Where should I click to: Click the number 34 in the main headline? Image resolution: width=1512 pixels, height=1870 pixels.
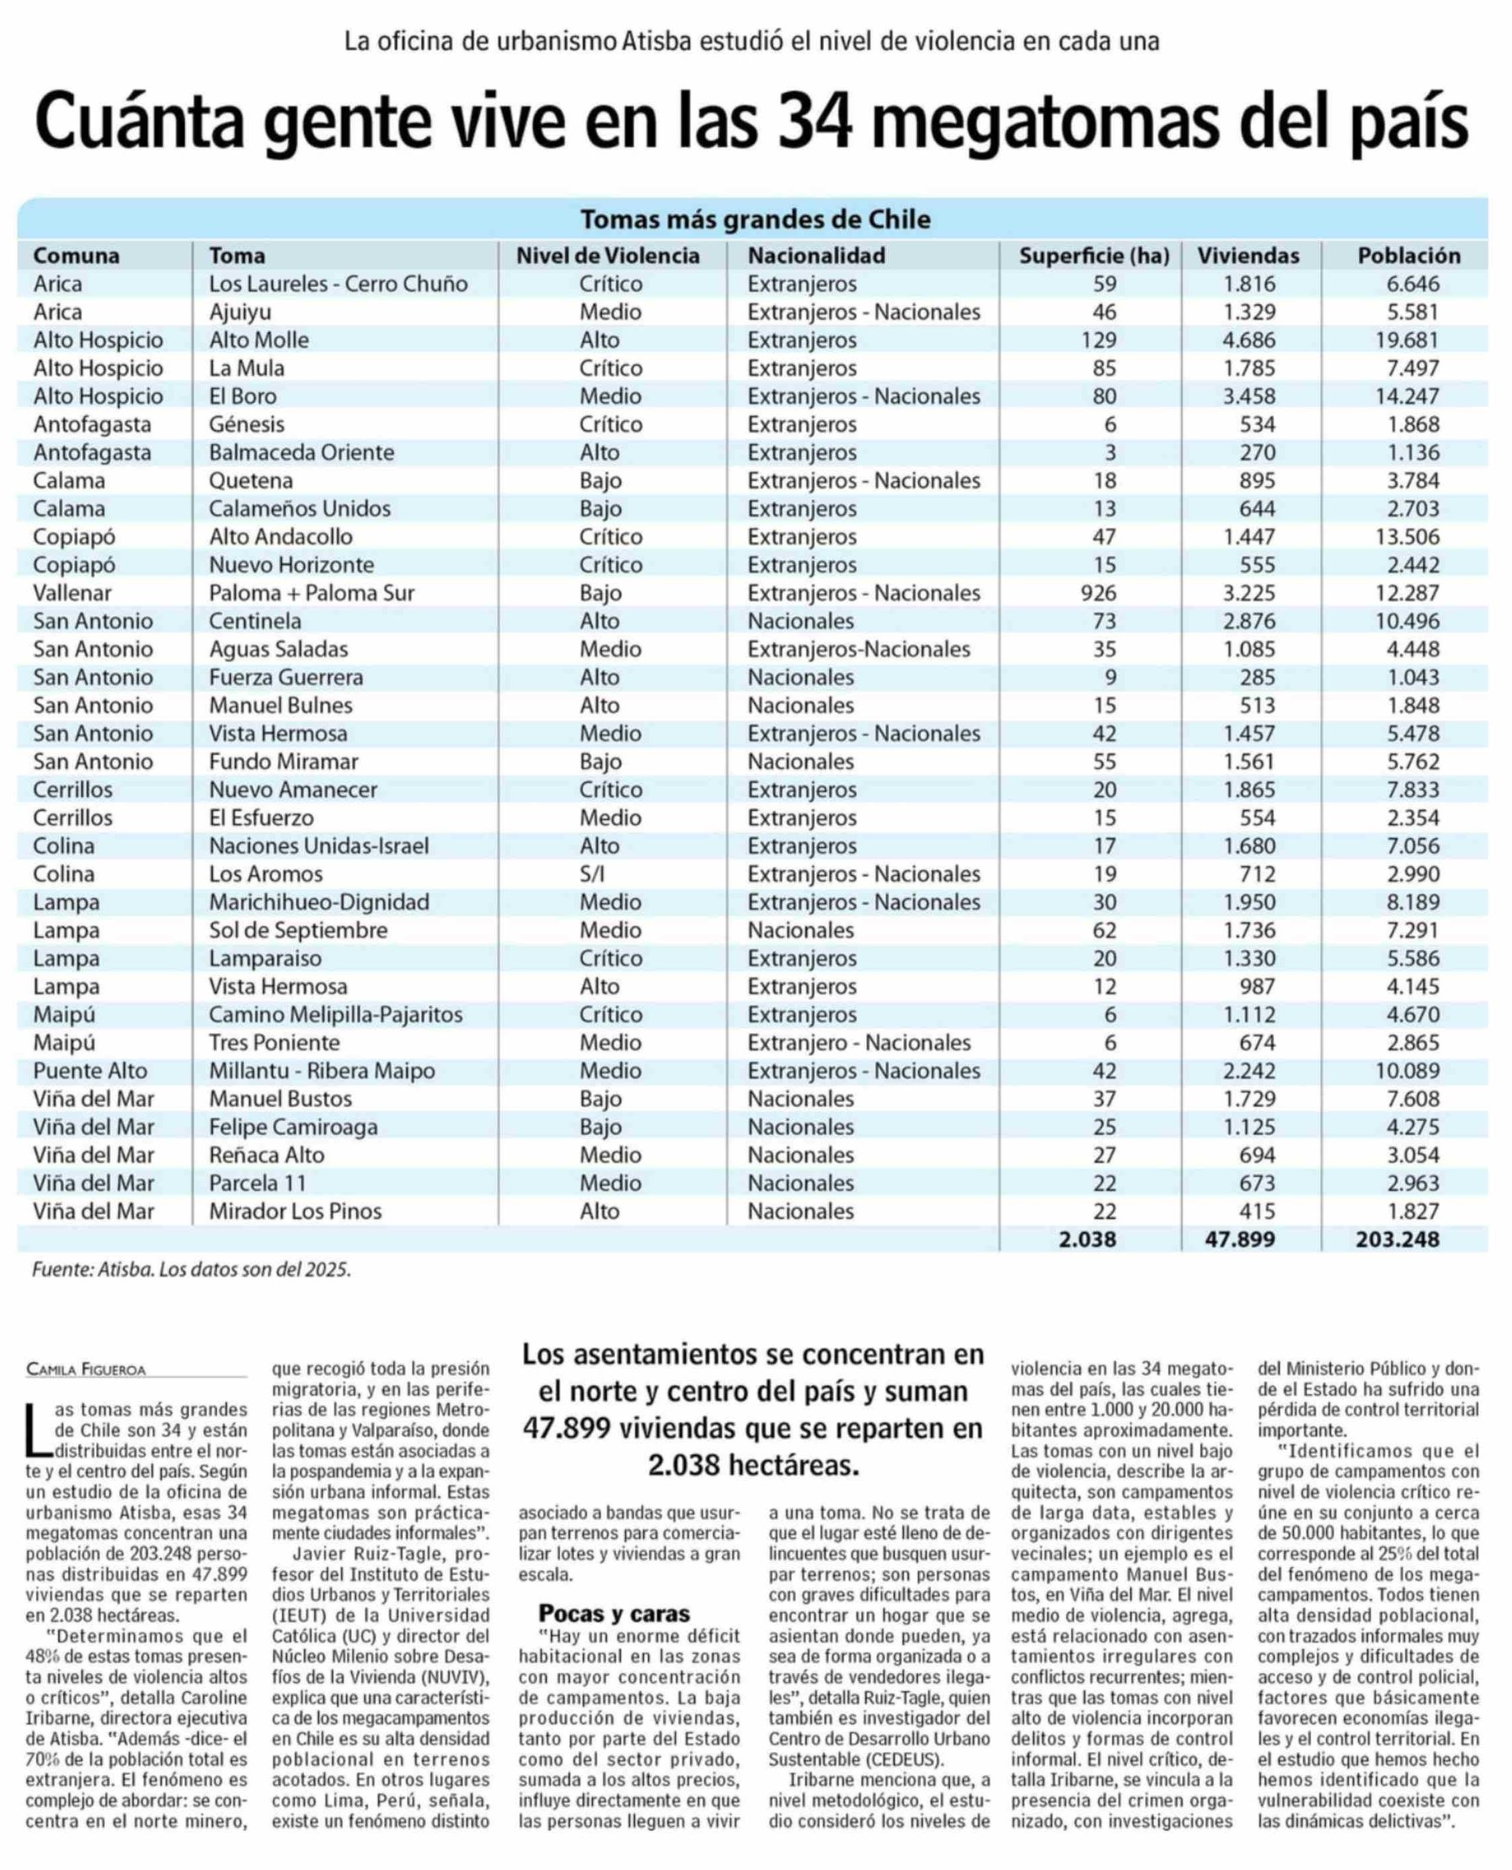click(813, 122)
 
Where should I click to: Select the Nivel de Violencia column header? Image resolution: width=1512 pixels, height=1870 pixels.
click(607, 255)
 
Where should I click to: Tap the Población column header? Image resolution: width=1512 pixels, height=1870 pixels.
click(1408, 255)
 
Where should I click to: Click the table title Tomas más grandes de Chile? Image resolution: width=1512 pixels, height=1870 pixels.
click(755, 220)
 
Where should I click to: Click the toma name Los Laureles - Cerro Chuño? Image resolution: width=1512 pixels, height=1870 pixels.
click(338, 284)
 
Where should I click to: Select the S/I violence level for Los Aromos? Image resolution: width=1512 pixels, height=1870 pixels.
click(592, 874)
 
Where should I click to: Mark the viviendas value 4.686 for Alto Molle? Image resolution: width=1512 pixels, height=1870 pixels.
click(1248, 340)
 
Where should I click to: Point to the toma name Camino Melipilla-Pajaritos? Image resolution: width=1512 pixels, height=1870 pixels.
click(335, 1014)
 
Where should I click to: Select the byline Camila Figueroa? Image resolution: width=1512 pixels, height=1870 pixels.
click(85, 1369)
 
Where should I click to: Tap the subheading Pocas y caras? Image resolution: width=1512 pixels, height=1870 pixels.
click(613, 1613)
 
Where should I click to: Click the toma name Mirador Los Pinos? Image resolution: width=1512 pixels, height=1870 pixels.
click(295, 1211)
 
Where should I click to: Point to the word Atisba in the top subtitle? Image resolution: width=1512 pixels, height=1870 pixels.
click(659, 41)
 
